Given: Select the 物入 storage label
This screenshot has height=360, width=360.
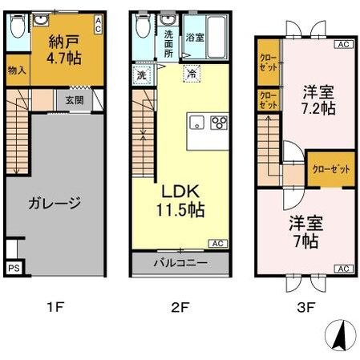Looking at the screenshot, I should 17,70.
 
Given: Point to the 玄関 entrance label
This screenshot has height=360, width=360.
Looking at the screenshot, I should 74,99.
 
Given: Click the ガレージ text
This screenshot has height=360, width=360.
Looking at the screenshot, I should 54,203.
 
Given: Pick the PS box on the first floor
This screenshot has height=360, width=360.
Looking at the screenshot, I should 14,268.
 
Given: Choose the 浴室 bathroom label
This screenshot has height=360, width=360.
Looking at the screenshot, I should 195,38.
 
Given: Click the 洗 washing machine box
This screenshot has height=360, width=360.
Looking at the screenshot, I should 140,73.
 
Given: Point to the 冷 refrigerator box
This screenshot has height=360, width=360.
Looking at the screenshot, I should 192,73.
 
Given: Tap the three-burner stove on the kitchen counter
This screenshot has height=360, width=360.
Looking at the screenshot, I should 218,123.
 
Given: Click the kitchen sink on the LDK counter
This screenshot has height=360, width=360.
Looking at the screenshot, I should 197,123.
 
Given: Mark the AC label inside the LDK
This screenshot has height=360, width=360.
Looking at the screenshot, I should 217,243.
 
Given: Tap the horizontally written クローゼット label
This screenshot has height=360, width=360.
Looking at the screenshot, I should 331,169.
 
